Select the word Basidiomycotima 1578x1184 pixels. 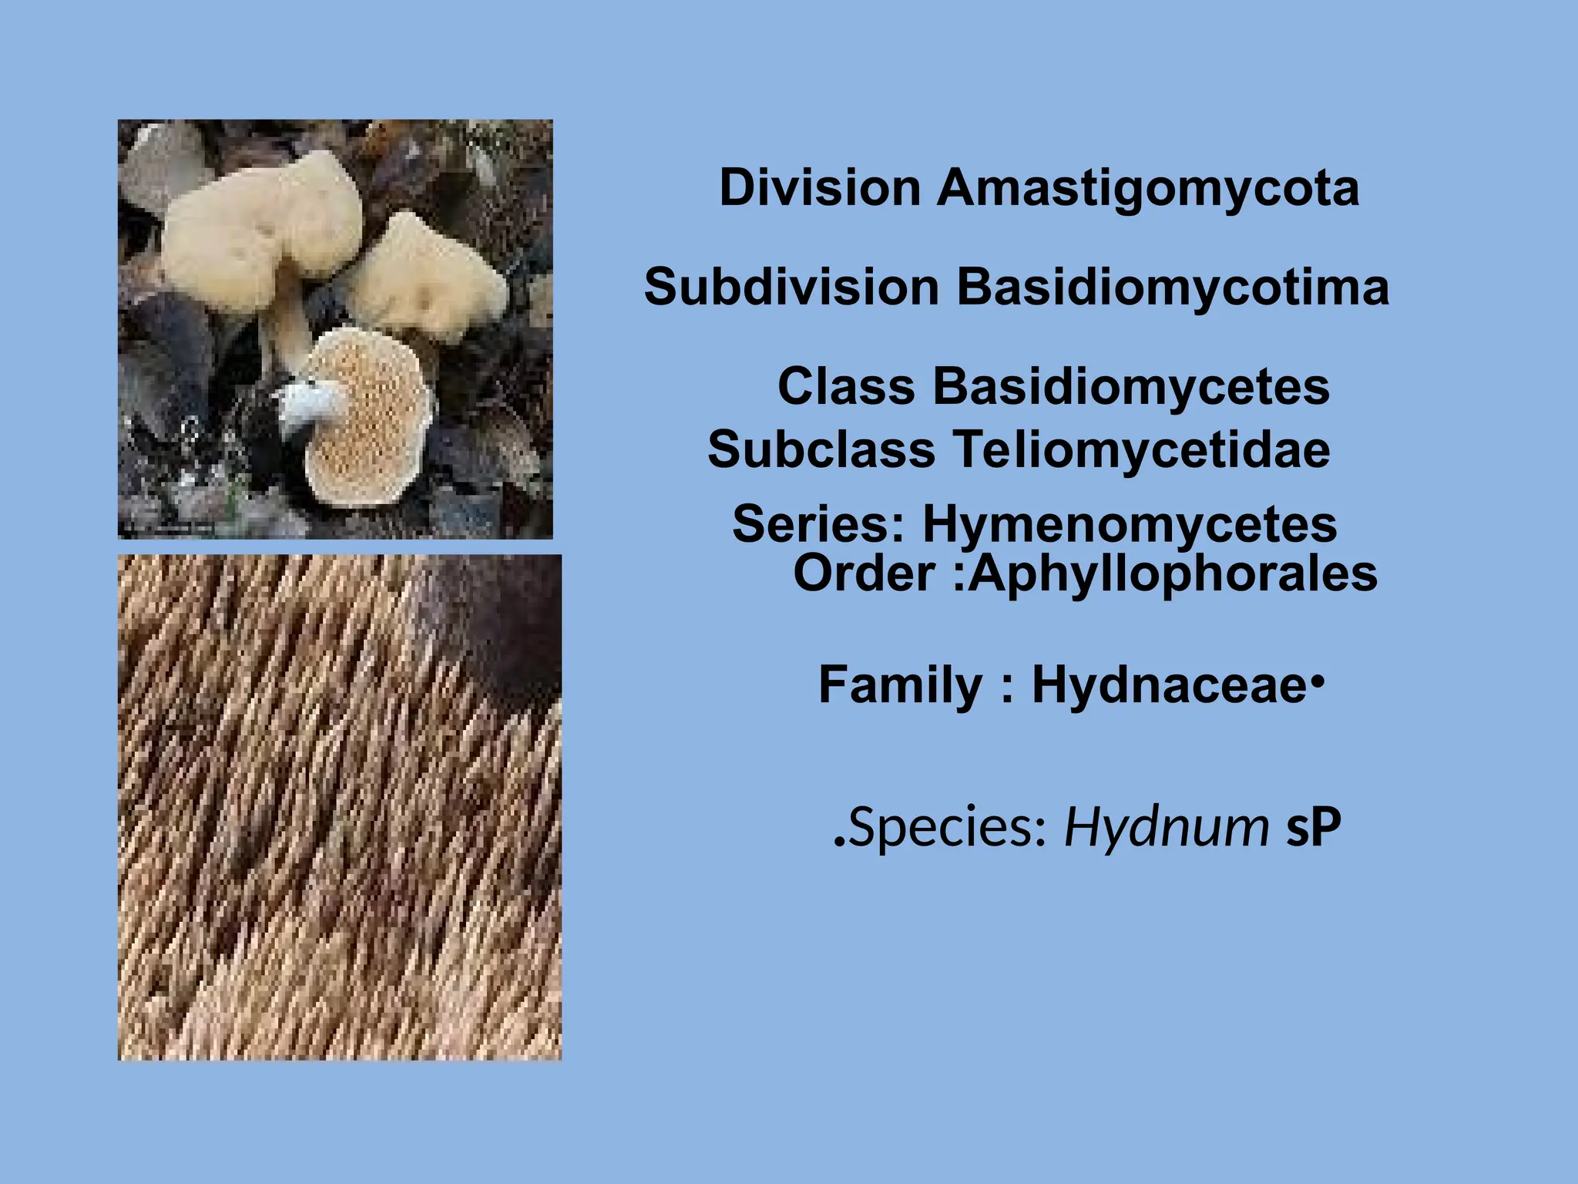pos(1173,288)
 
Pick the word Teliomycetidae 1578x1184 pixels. pos(1142,449)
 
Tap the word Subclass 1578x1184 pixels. pos(821,449)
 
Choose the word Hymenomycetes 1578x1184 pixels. pos(1130,524)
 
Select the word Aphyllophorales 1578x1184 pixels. pos(1173,574)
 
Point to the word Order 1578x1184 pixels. pos(865,574)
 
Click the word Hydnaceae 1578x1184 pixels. pos(1168,684)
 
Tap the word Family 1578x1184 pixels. pos(900,684)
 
